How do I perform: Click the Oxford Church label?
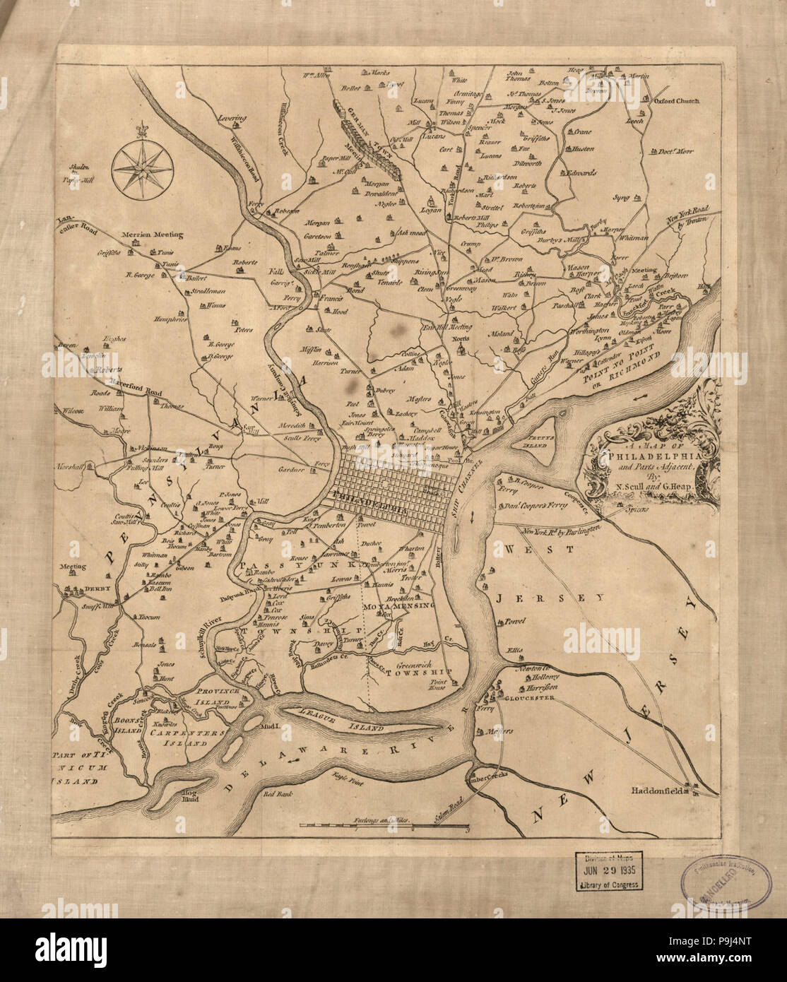pyautogui.click(x=675, y=101)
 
